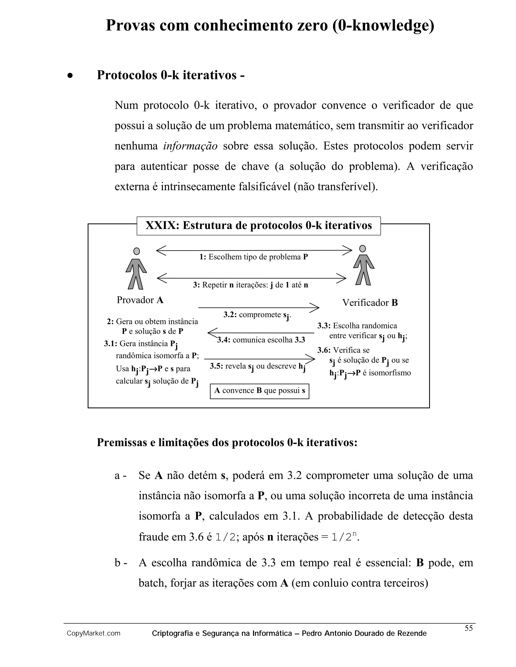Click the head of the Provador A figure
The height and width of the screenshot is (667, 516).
tap(137, 251)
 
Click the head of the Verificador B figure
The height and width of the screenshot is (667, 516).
tap(363, 249)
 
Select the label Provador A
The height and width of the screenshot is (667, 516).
tap(140, 300)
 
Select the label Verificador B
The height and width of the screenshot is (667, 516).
tap(370, 303)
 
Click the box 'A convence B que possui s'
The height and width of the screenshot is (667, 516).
tap(260, 391)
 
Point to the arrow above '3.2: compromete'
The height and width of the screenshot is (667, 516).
tap(259, 308)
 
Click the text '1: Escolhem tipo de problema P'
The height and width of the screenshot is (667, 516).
tap(253, 257)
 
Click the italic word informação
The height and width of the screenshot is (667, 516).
tap(190, 146)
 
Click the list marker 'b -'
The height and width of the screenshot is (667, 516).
tap(120, 563)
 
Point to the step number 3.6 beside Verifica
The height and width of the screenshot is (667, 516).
tap(324, 350)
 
